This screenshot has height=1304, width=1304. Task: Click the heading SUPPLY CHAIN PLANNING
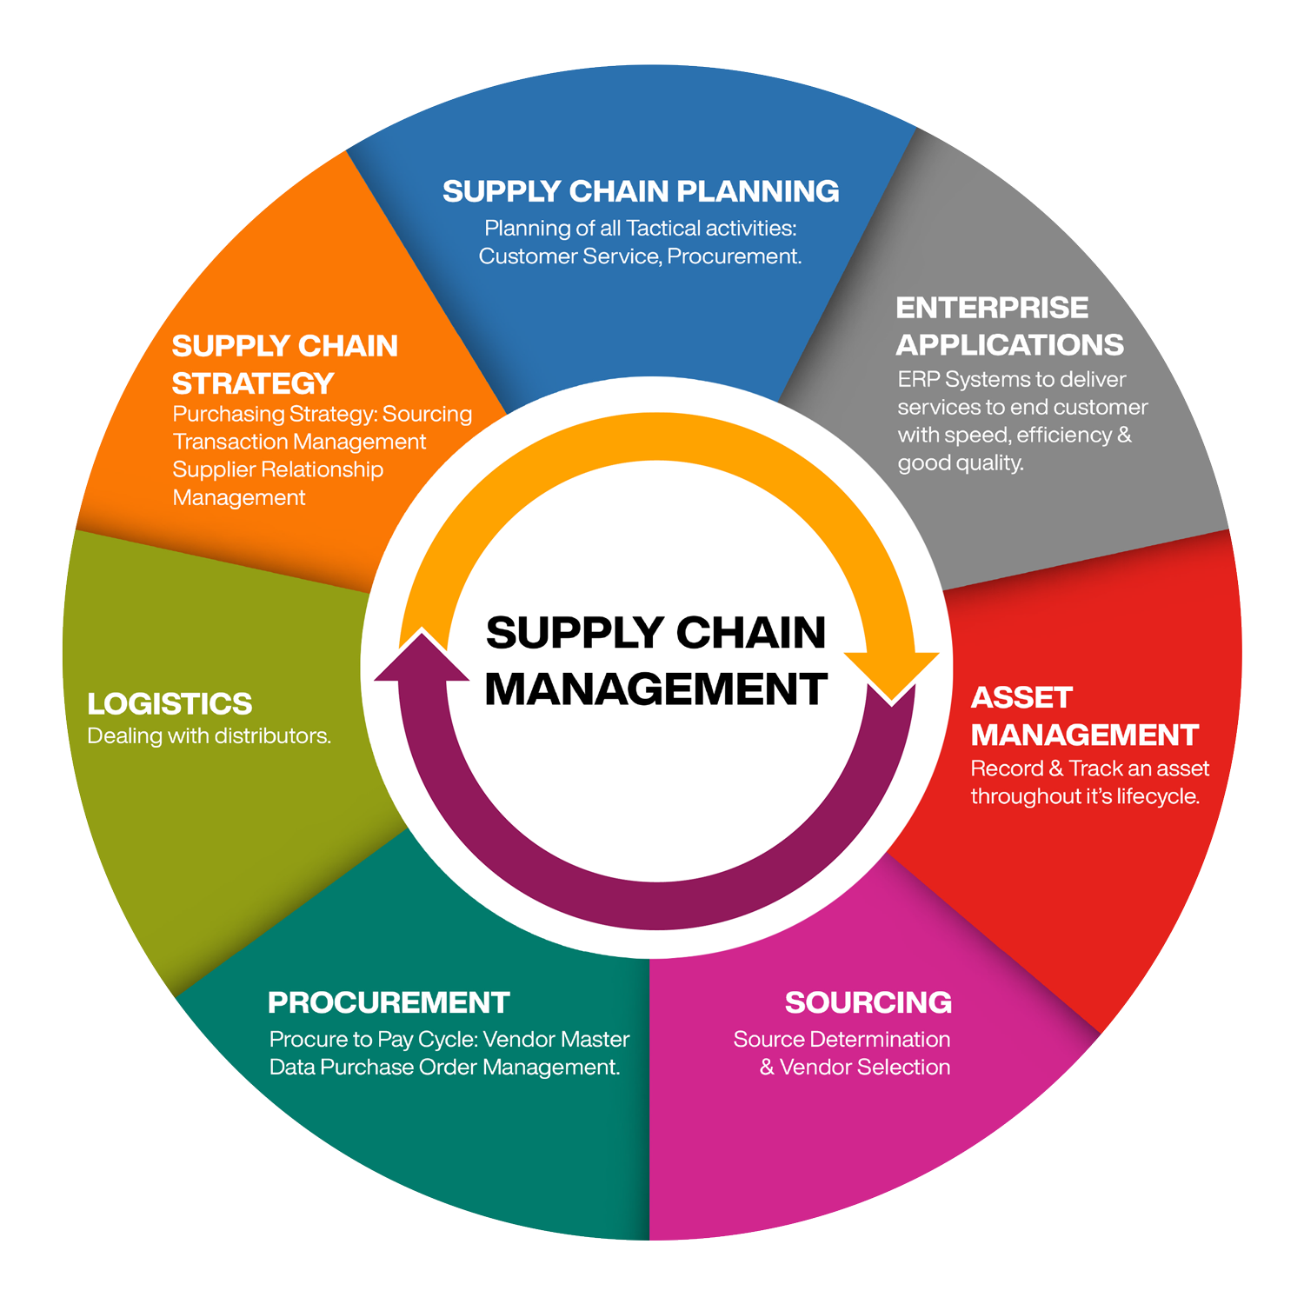coord(641,191)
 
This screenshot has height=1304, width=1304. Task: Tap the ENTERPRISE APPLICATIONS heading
coord(1008,326)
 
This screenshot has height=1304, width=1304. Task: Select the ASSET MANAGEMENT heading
coord(1084,716)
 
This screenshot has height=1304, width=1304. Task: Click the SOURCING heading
coord(868,1002)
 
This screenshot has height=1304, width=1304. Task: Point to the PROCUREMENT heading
coord(389,1002)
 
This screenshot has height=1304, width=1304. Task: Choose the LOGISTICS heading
coord(170,703)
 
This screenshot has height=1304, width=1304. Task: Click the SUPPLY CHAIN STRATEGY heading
coord(284,364)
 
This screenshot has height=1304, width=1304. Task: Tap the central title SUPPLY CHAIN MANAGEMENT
coord(655,661)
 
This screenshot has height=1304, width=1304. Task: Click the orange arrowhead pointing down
coord(892,675)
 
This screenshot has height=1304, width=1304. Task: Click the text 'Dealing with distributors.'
coord(209,736)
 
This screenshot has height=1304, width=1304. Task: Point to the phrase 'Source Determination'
coord(842,1039)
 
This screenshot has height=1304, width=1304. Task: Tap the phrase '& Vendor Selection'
coord(855,1067)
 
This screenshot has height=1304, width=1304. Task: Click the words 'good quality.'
coord(961,462)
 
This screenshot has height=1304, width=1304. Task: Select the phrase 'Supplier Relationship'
coord(277,469)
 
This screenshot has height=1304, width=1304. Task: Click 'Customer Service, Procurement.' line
coord(640,256)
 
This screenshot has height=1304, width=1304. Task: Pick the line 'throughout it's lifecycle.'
coord(1085,796)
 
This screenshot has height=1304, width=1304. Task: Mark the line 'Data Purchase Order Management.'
coord(444,1067)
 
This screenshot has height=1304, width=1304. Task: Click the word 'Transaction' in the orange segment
coord(223,442)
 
